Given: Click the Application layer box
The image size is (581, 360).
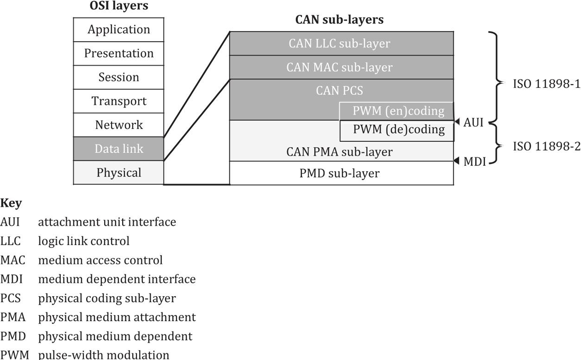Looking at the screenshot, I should (119, 30).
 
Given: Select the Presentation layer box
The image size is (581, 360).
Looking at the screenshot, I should (119, 54).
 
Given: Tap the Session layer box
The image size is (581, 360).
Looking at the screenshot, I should (119, 78).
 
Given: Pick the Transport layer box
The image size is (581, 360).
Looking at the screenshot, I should (119, 102).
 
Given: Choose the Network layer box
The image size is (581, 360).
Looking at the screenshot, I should (119, 125).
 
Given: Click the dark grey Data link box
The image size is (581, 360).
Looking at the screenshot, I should (119, 149).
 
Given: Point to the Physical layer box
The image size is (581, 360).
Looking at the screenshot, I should (119, 173).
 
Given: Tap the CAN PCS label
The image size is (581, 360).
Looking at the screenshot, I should (339, 90).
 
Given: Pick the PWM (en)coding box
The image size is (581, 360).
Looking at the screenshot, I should (397, 111).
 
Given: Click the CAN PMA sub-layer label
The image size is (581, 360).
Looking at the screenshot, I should (339, 152).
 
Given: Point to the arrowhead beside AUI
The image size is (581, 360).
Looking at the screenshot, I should (457, 123).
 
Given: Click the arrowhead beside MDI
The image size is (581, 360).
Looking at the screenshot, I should (457, 161).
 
